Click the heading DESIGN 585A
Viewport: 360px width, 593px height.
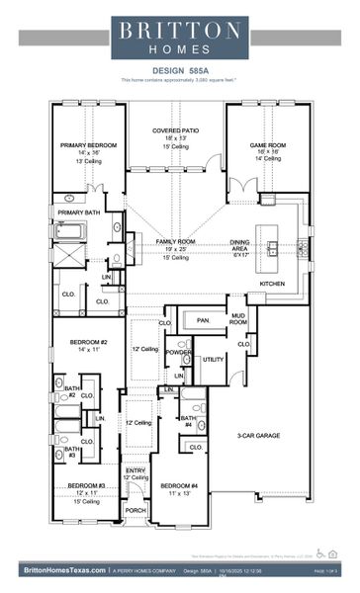tap(179, 70)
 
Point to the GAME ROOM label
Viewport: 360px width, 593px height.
tap(266, 144)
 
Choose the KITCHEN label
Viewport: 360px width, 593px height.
tap(273, 284)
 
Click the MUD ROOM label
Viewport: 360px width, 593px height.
tap(237, 318)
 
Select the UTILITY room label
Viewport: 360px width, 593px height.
tap(214, 360)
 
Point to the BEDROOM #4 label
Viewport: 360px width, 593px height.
tap(179, 485)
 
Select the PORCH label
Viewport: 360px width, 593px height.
tap(135, 510)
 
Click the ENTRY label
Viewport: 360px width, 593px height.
tap(135, 470)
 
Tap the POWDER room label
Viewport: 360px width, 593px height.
tap(178, 352)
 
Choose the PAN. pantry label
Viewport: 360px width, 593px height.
tap(204, 320)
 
